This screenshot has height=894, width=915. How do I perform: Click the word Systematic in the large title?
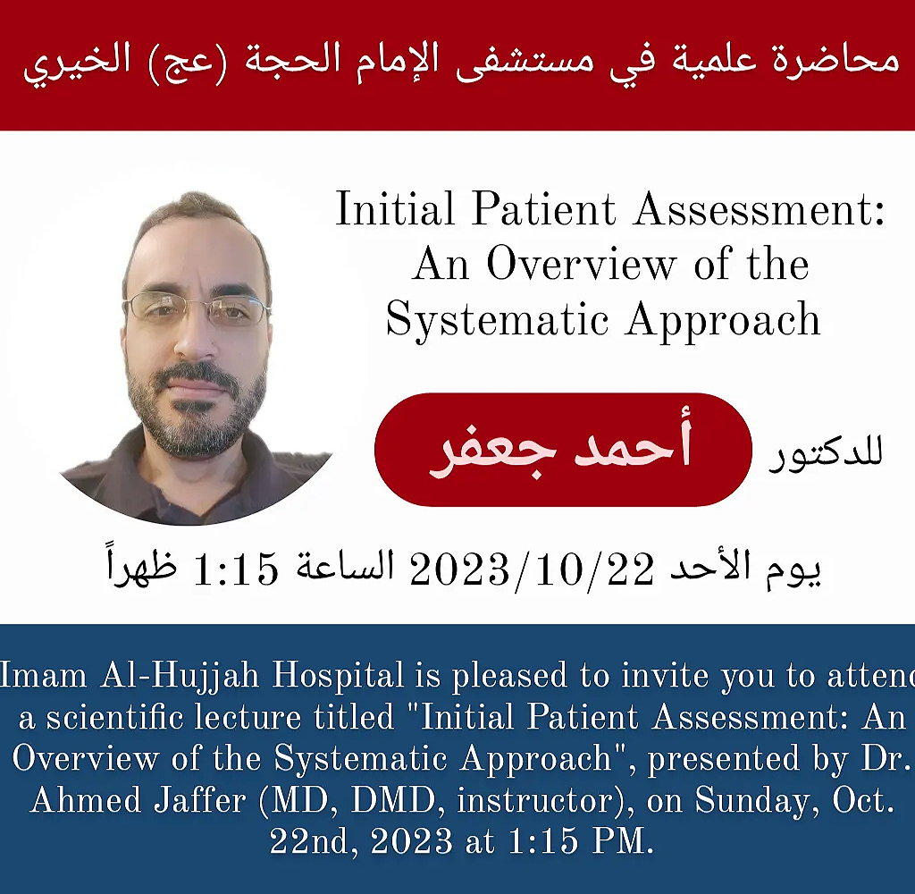498,320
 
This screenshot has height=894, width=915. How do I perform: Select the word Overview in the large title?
581,264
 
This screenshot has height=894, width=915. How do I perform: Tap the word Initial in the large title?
395,208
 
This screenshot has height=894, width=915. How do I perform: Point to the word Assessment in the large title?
760,209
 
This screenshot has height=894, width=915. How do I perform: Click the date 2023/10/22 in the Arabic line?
533,569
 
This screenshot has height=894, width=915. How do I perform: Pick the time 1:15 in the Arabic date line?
236,569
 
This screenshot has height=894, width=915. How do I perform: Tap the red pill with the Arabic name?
563,449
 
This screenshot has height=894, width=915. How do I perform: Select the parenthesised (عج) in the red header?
188,63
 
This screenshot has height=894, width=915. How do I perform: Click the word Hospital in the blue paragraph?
339,676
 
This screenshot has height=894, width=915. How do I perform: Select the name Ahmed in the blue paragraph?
86,800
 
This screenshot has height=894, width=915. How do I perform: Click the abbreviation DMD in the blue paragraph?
393,800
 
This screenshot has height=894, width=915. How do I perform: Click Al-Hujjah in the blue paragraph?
180,676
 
